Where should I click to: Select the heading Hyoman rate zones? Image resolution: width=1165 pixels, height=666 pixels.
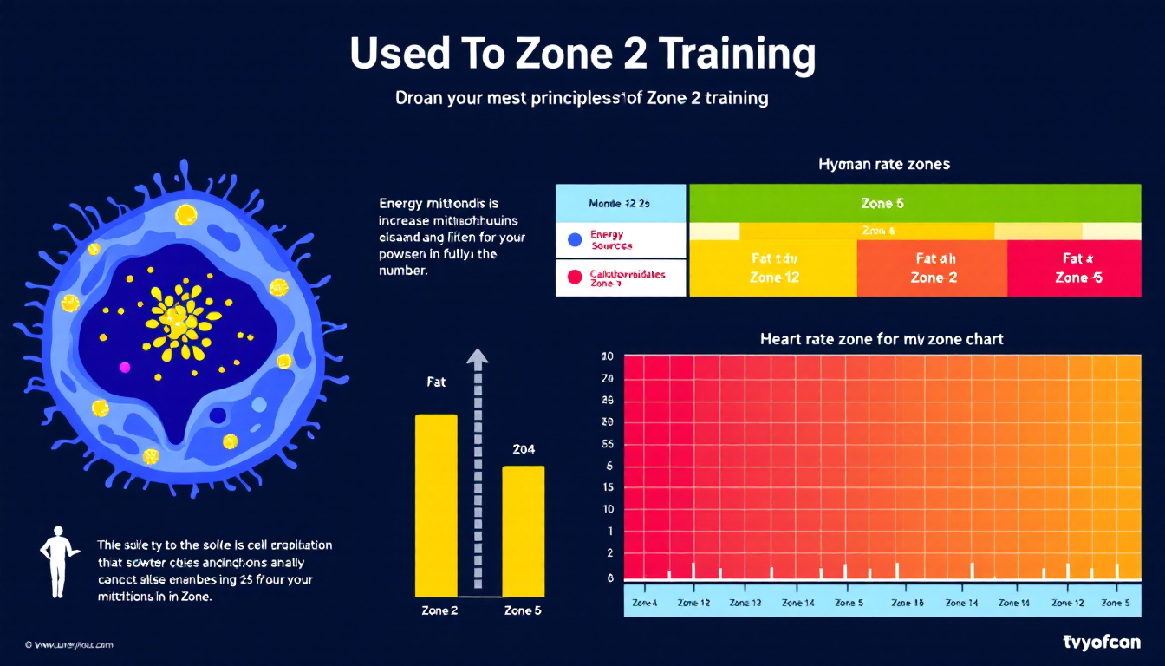(x=883, y=164)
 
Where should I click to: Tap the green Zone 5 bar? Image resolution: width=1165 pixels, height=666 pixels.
(x=913, y=203)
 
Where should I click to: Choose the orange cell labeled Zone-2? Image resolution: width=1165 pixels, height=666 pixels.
(x=933, y=268)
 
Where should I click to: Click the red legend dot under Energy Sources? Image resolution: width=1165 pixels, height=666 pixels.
(x=572, y=277)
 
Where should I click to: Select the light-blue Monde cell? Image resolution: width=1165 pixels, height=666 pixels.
(x=620, y=203)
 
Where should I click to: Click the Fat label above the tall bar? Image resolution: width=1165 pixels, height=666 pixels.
(x=436, y=382)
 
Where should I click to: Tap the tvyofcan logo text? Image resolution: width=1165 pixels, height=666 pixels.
(x=1101, y=642)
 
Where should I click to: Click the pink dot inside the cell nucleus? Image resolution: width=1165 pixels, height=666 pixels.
(x=124, y=367)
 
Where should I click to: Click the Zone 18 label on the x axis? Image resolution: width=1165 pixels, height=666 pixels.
(x=906, y=603)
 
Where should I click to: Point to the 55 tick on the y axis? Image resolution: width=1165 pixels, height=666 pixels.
(x=608, y=443)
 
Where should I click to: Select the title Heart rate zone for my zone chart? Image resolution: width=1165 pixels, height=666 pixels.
(x=882, y=339)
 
